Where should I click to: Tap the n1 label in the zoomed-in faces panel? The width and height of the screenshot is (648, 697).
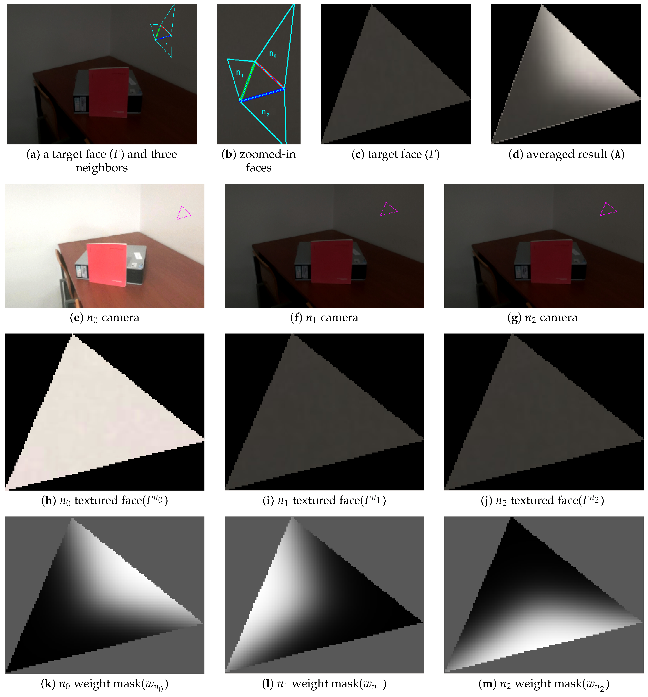[x=240, y=73]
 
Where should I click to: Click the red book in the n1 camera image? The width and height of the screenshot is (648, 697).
[x=331, y=262]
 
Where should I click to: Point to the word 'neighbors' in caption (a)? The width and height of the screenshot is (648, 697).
[x=102, y=168]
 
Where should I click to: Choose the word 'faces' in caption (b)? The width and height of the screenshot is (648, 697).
[x=259, y=168]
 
